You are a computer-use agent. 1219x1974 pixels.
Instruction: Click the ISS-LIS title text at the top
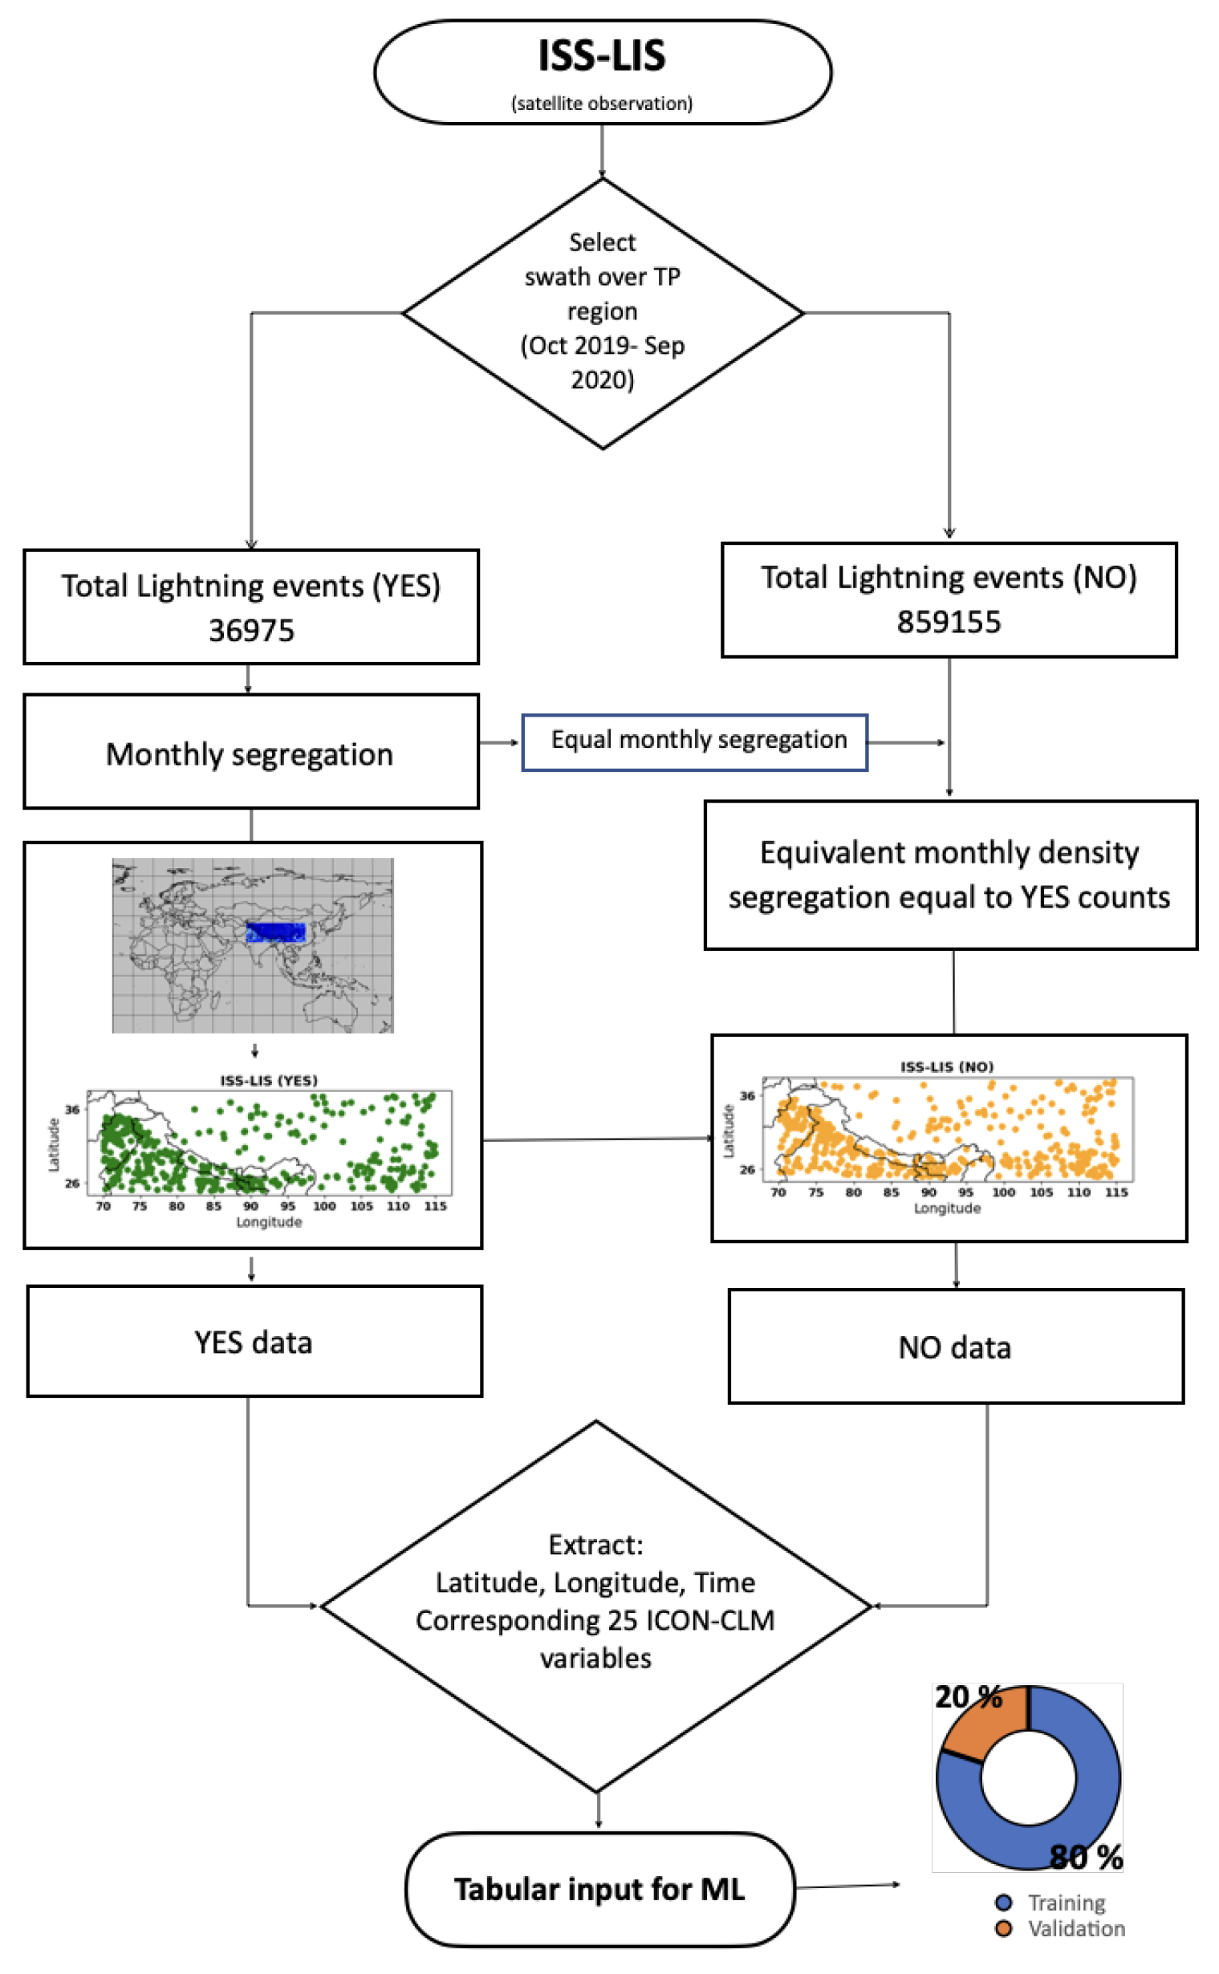(601, 55)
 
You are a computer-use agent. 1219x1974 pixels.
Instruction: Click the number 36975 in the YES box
(251, 631)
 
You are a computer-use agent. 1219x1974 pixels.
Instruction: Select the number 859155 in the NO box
(949, 621)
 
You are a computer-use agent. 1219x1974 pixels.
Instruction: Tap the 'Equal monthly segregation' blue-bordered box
(694, 741)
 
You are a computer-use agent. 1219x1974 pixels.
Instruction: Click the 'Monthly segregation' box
(250, 753)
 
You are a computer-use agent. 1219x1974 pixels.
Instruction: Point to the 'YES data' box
(254, 1342)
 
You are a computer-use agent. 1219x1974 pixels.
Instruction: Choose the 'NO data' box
(955, 1348)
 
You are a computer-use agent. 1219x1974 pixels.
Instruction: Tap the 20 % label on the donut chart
(968, 1696)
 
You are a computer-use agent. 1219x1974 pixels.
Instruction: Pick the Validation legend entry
(1075, 1928)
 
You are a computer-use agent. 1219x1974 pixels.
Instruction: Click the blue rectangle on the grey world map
(276, 932)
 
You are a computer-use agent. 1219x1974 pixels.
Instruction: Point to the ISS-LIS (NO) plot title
(946, 1066)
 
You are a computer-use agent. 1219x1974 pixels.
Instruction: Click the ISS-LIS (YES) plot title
(269, 1080)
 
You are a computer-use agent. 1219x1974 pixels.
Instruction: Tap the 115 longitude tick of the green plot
(435, 1206)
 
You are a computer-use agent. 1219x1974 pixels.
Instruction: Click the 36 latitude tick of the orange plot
(747, 1095)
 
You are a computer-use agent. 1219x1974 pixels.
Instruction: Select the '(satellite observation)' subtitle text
(601, 104)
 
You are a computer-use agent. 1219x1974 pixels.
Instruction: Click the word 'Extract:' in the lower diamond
(595, 1544)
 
